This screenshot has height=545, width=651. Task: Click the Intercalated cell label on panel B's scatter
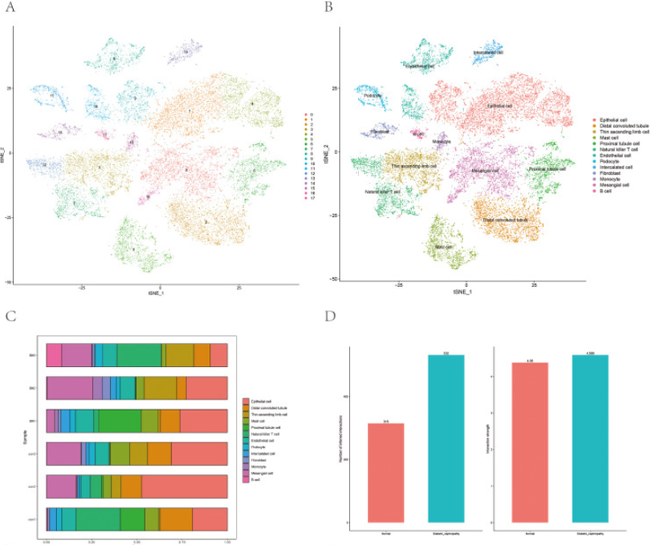coord(488,53)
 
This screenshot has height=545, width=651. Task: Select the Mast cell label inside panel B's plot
coord(443,246)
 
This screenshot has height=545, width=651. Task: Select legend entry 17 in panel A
coord(312,198)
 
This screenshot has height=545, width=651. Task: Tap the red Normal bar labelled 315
coord(386,473)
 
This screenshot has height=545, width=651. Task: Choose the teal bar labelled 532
coord(446,438)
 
